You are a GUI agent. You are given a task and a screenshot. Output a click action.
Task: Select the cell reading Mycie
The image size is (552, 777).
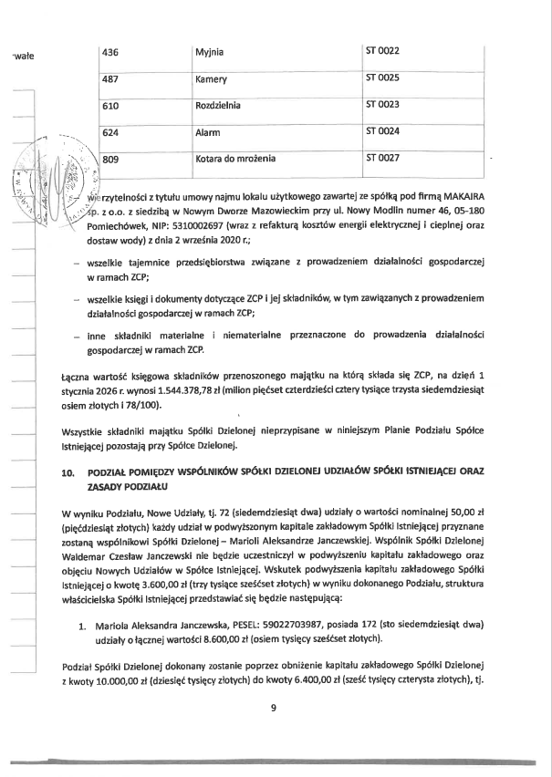[210, 51]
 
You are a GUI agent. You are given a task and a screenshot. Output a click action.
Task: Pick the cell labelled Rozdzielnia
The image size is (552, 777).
[218, 106]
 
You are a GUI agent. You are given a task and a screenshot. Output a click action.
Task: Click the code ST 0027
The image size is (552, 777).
[382, 159]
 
